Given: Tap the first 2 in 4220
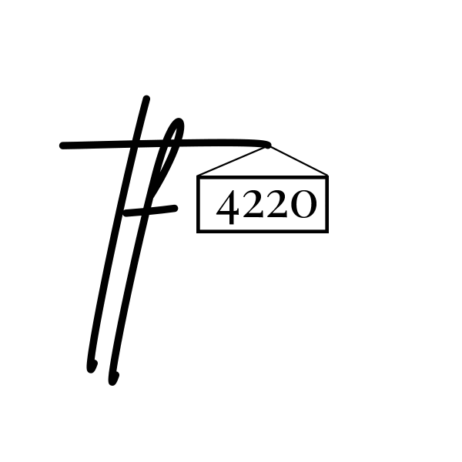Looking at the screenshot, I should (x=252, y=206).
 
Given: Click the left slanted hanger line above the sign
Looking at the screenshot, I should (x=231, y=161).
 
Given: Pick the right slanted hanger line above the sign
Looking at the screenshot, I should (x=298, y=161).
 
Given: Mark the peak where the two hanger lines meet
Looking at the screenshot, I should (x=266, y=146).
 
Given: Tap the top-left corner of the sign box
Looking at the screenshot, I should (x=199, y=177).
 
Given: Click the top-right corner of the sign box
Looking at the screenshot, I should (x=327, y=177).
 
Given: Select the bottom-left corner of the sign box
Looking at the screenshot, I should (x=199, y=230).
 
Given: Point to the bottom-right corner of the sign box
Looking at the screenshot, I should (x=327, y=230).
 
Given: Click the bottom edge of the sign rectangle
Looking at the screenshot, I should (x=263, y=230).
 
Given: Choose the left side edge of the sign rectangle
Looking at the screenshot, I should (x=199, y=204).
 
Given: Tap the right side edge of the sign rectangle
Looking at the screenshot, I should (x=327, y=204).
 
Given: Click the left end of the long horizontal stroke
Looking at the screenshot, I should (x=63, y=145).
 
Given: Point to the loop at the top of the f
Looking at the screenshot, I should (x=177, y=127).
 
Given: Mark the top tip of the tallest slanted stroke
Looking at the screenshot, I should (x=146, y=99).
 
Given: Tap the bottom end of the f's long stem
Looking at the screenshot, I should (x=113, y=378).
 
